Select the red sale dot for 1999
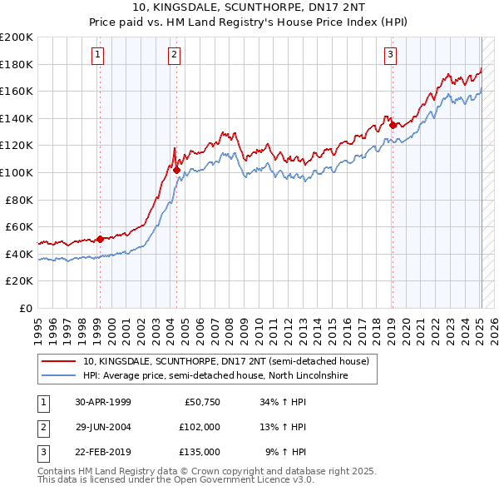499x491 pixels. click(100, 240)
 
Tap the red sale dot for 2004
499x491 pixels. click(177, 170)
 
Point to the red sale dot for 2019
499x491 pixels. click(393, 126)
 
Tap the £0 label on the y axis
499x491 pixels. click(25, 308)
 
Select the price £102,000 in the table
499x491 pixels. click(200, 427)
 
